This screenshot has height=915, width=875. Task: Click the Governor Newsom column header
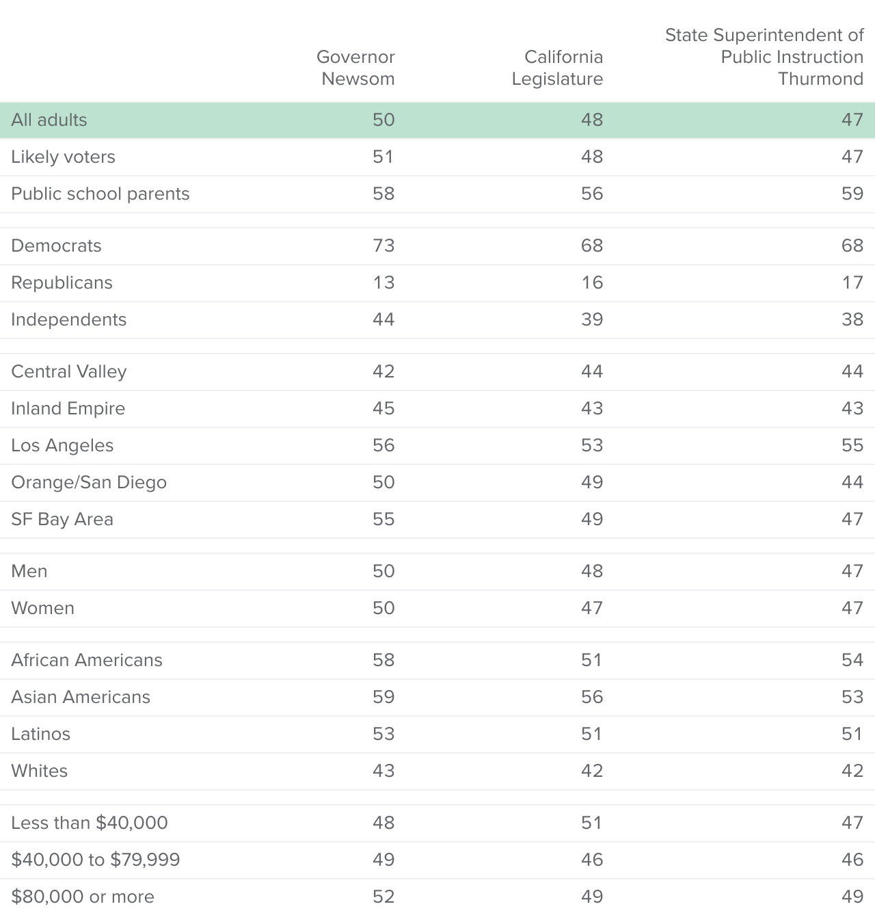[355, 68]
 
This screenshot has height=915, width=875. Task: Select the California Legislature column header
[557, 68]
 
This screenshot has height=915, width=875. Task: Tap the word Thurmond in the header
[820, 79]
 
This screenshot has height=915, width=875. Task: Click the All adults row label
[49, 120]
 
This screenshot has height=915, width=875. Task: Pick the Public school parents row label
[100, 194]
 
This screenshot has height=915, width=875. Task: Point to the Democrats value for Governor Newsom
[383, 246]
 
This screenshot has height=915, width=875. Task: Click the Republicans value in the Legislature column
[592, 282]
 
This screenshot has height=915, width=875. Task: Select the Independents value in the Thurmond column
[852, 319]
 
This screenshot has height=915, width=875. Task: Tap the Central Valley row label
[68, 371]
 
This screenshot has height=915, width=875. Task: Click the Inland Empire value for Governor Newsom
[383, 408]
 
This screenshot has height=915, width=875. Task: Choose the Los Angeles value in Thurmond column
[852, 445]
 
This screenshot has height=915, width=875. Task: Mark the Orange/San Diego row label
[89, 482]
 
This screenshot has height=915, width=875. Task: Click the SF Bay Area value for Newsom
[383, 519]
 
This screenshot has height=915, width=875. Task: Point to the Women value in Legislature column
[592, 608]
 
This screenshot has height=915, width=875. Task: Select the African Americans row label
[86, 660]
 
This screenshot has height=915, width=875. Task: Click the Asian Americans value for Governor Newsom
[383, 697]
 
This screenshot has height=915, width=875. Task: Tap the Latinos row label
[40, 734]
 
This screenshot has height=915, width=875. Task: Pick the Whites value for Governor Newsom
[383, 771]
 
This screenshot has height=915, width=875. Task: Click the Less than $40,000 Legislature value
[592, 823]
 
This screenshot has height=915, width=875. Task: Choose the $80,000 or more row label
[83, 897]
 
